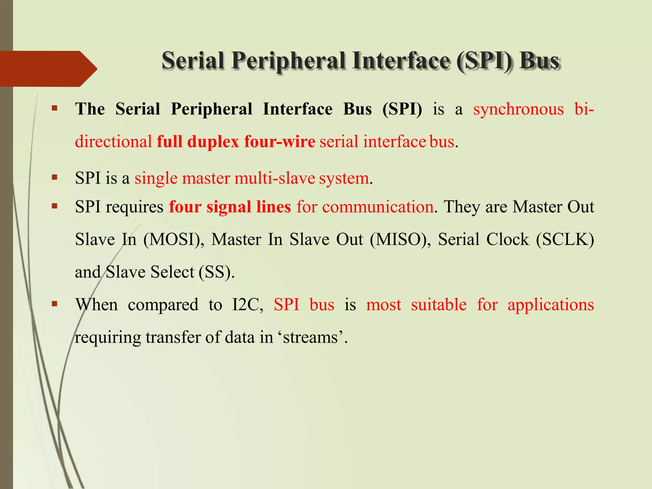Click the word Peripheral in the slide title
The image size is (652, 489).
288,60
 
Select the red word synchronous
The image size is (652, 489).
518,109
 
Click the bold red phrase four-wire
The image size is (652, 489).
280,142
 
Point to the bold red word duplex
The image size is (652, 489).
213,142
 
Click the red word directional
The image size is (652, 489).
113,142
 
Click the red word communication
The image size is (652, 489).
378,207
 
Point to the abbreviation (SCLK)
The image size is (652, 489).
565,239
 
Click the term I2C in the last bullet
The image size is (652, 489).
247,305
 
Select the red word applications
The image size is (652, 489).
550,305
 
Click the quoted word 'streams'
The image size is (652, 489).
310,337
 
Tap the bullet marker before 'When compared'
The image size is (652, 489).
54,304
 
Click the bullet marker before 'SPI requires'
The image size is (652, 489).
54,206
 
